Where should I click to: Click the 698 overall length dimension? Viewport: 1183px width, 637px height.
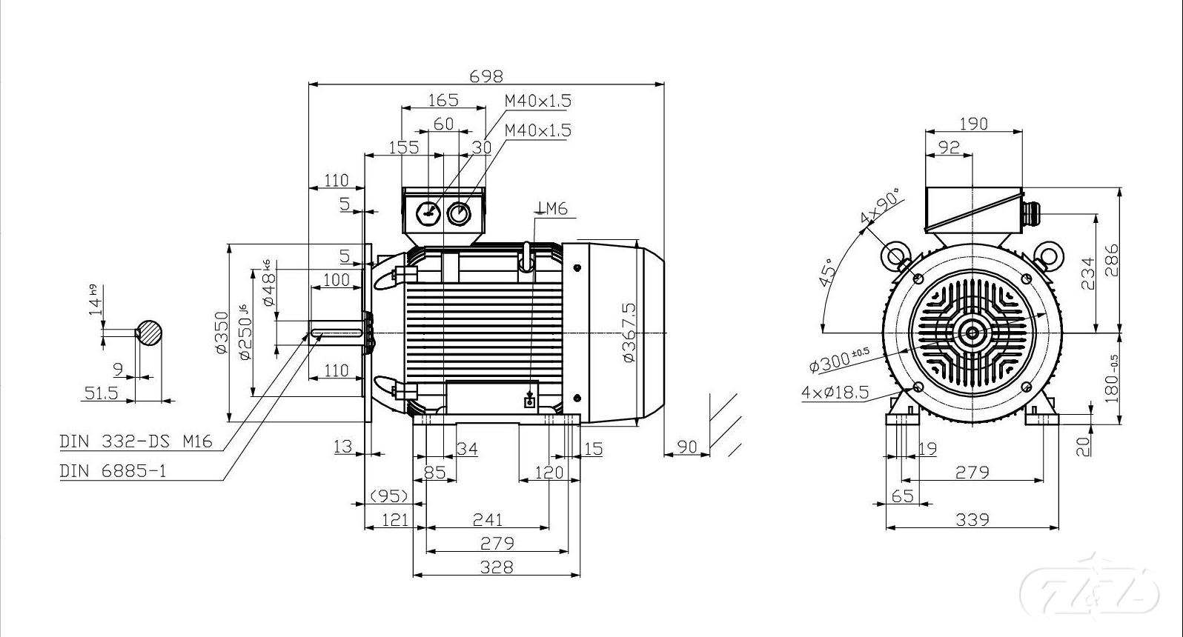486,76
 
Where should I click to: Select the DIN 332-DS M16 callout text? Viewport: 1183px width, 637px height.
136,442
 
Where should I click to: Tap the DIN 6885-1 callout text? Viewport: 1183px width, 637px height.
113,471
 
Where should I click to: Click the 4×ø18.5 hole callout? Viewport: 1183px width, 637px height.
835,392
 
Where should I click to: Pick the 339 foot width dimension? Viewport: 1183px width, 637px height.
972,519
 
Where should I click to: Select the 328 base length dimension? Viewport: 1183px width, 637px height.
496,567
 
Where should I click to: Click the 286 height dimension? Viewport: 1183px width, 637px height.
1111,260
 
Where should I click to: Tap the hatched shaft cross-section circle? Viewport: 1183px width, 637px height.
149,333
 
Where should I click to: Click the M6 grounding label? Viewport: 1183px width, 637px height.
553,209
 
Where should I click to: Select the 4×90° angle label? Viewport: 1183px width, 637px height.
879,207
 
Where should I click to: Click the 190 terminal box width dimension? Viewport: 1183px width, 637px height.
972,123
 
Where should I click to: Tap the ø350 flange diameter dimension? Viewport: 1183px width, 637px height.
221,333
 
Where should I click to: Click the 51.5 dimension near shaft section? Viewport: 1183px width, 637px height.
101,393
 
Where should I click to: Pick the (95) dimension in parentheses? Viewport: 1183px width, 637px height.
389,495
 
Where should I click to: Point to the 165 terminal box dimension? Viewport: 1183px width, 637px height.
443,99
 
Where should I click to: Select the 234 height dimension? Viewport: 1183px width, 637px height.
1087,273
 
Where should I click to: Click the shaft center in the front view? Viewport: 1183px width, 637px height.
972,333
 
